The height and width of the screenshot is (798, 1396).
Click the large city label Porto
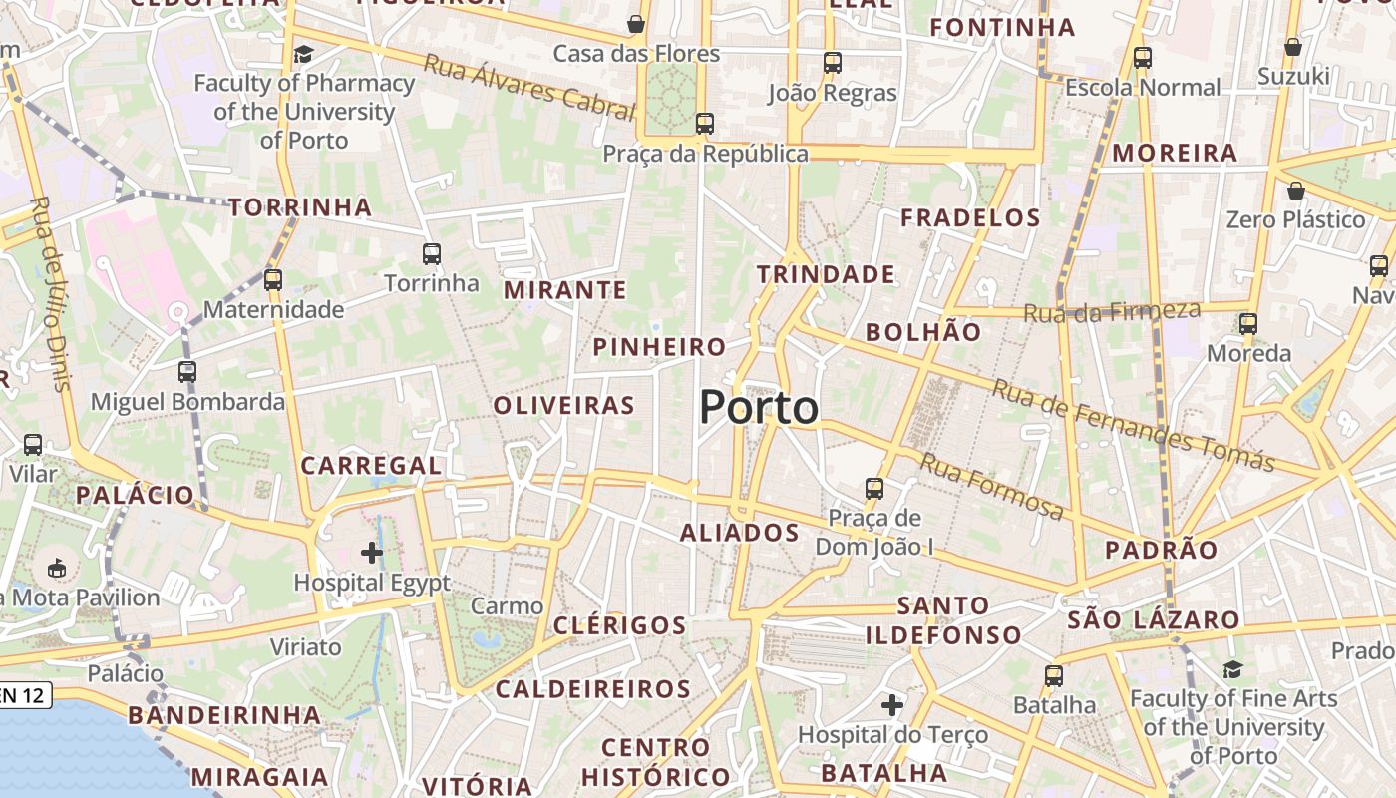[x=759, y=407]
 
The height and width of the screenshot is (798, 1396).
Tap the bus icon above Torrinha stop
[x=432, y=254]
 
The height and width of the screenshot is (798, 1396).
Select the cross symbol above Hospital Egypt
[x=372, y=552]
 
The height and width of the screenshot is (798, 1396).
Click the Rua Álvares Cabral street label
[x=529, y=87]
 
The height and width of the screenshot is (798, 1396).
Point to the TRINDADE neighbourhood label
[x=826, y=274]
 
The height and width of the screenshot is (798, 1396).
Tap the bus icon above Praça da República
[x=705, y=124]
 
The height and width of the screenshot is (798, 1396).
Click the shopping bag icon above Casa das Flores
[x=636, y=23]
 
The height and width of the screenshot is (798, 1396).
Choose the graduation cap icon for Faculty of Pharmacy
[x=304, y=54]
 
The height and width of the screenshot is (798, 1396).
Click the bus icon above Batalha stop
[x=1054, y=676]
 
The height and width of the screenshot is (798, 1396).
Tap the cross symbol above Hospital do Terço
[x=892, y=706]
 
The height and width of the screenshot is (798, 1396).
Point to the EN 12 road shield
[x=22, y=695]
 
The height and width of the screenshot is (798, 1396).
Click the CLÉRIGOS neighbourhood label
[x=619, y=626]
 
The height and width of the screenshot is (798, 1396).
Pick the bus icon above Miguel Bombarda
[x=187, y=372]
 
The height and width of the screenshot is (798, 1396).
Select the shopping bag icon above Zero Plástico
[x=1296, y=190]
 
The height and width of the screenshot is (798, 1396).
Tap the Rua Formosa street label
[x=991, y=487]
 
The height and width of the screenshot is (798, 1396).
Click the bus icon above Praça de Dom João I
[x=874, y=488]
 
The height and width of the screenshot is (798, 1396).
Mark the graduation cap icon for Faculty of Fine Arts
[x=1233, y=669]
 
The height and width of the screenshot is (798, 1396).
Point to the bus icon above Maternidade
[x=273, y=280]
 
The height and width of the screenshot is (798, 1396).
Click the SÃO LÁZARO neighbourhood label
[x=1154, y=619]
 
